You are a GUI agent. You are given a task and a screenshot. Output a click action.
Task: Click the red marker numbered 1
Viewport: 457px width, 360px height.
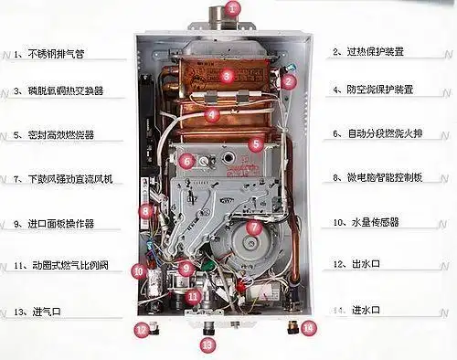point(232,10)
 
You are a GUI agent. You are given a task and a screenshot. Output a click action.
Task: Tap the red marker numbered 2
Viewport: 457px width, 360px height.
point(289,81)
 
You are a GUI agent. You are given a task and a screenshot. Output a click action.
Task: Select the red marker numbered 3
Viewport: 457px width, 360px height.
point(227,77)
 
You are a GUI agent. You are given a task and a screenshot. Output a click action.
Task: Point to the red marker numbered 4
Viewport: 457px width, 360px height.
point(212,115)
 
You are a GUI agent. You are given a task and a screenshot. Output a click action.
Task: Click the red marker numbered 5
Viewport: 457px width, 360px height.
point(256,143)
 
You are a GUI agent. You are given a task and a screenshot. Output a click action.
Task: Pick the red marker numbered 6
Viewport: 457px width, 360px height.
point(186,162)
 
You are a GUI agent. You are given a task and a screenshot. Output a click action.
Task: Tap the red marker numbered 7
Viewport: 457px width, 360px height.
point(254,227)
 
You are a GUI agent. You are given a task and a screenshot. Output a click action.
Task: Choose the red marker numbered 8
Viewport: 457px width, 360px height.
point(144,211)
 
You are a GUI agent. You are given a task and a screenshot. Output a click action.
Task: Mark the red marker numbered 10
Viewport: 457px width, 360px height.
point(138,270)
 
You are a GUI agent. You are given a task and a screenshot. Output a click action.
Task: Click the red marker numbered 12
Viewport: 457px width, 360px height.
point(141,328)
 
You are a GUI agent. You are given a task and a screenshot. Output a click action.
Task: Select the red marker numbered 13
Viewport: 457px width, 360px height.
point(207,344)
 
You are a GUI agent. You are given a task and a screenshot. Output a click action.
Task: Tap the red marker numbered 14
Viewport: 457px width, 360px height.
point(308,326)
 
